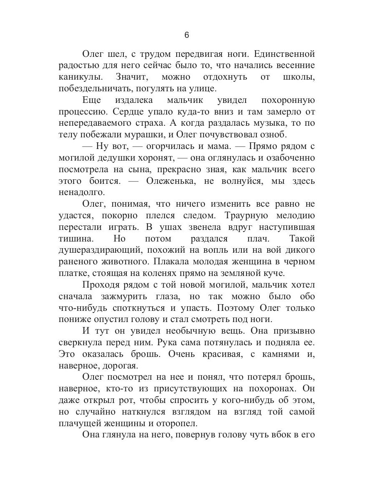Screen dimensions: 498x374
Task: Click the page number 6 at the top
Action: point(187,35)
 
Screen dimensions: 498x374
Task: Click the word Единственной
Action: point(281,54)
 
